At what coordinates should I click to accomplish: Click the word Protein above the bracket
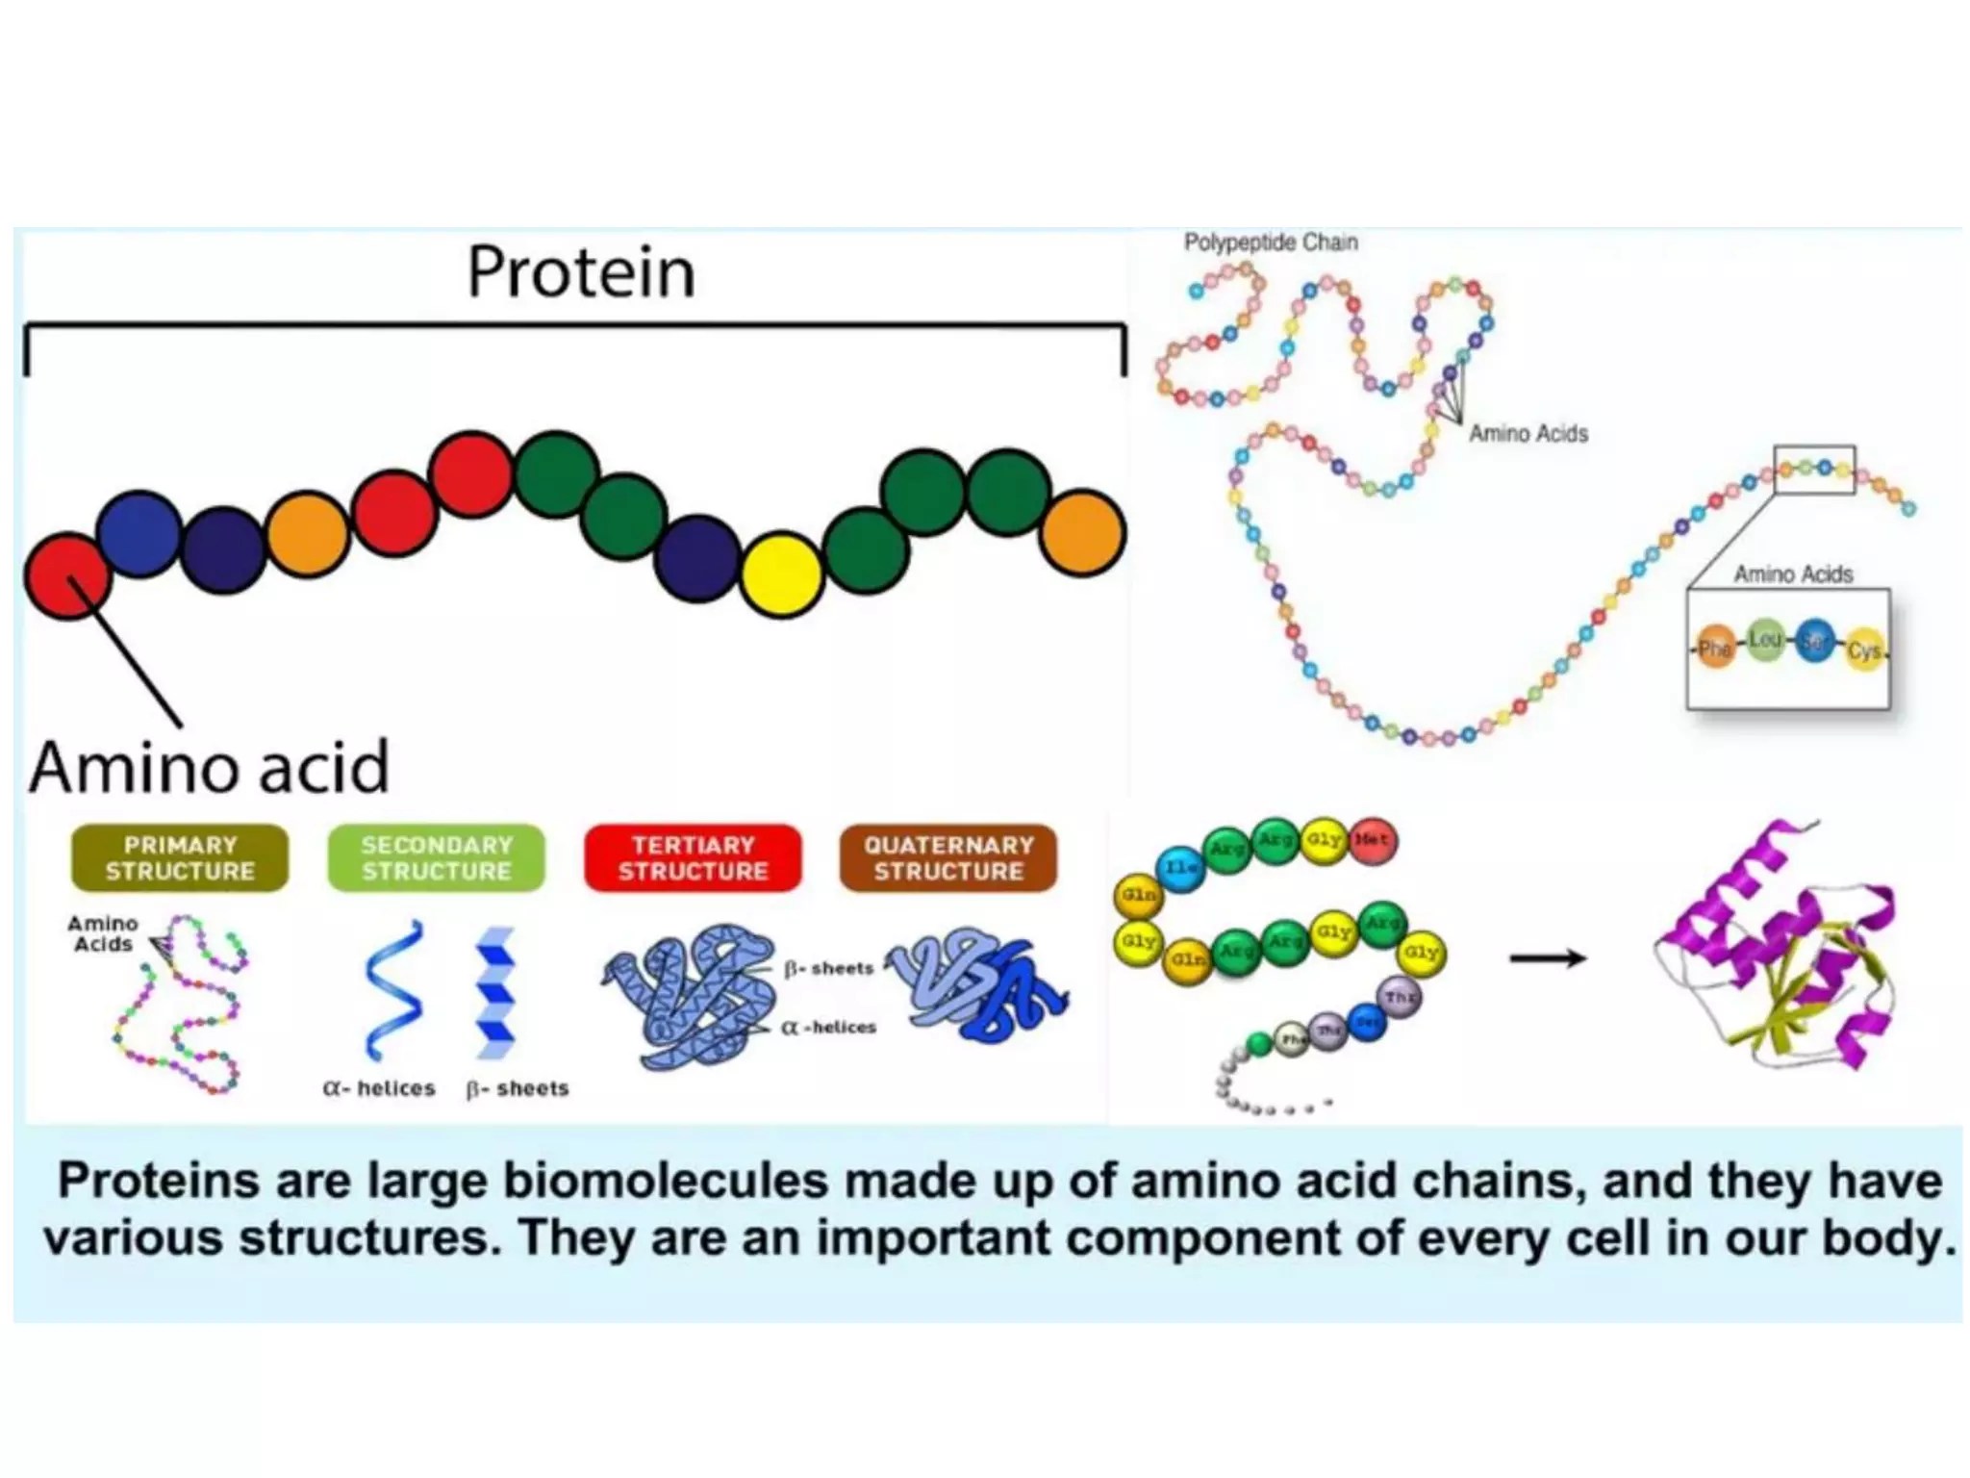pos(580,272)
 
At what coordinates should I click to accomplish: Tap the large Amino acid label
pos(209,767)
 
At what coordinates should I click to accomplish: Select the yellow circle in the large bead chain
pos(782,574)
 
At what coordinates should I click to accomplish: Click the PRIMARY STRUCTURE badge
pos(180,857)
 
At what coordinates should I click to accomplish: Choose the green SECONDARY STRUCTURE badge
pos(436,857)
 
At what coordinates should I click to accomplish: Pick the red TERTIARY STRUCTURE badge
pos(693,857)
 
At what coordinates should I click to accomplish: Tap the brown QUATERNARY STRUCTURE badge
pos(948,857)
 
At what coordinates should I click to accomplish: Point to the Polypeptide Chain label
pos(1270,242)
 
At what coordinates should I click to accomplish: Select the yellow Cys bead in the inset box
pos(1864,651)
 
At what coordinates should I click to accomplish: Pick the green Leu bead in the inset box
pos(1764,640)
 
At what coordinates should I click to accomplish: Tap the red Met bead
pos(1372,840)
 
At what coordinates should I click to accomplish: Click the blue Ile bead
pos(1180,868)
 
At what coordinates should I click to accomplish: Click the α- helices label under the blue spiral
pos(379,1088)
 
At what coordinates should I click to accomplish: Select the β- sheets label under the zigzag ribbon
pos(518,1088)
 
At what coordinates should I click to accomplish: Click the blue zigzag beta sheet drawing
pos(496,991)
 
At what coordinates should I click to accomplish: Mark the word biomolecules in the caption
pos(665,1181)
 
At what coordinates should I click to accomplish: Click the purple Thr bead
pos(1399,997)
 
